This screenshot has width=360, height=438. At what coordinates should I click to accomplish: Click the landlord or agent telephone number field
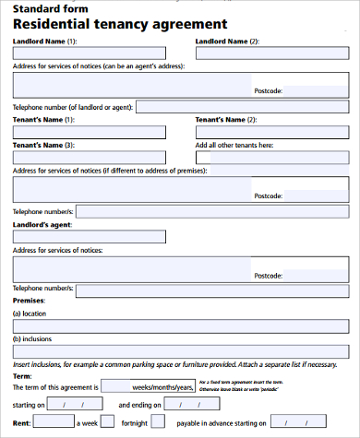point(243,107)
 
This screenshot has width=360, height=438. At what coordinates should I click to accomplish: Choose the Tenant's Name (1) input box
point(89,132)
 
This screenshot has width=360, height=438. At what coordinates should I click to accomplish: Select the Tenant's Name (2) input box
point(272,132)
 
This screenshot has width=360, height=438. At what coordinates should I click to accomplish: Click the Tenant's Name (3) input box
point(89,157)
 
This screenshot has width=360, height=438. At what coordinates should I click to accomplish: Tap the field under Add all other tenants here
point(272,157)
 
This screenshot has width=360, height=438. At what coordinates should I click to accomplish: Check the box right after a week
point(107,421)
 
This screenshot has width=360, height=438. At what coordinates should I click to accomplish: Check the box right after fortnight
point(158,421)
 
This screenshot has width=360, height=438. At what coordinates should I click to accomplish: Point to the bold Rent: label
point(21,422)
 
